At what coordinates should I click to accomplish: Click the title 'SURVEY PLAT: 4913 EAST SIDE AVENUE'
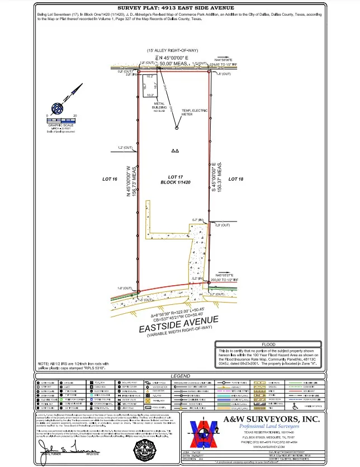(x=180, y=8)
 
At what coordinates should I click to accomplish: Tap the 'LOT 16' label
(x=110, y=179)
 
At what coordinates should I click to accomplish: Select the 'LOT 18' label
(x=236, y=179)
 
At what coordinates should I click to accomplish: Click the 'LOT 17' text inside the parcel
(x=176, y=177)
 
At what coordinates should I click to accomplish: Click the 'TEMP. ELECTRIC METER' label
(x=190, y=112)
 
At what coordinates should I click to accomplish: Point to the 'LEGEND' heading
(x=180, y=376)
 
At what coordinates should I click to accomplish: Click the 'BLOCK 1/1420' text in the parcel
(x=176, y=183)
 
